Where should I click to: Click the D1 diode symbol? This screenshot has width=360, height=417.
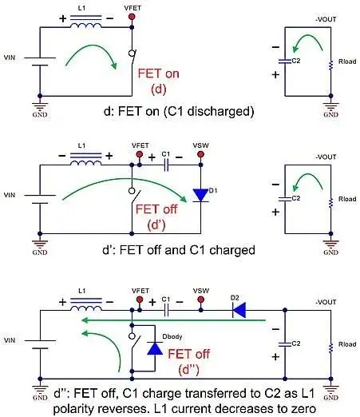pyautogui.click(x=200, y=195)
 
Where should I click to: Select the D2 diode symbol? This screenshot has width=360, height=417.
pyautogui.click(x=239, y=310)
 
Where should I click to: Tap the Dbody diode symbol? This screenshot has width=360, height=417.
pyautogui.click(x=155, y=348)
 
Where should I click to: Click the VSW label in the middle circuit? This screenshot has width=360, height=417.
pyautogui.click(x=201, y=145)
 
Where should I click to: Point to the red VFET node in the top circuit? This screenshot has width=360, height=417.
pyautogui.click(x=132, y=17)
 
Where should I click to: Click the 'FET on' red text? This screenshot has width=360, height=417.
pyautogui.click(x=159, y=73)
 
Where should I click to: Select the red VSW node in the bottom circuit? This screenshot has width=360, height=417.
pyautogui.click(x=201, y=300)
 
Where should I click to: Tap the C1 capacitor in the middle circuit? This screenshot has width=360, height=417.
pyautogui.click(x=166, y=165)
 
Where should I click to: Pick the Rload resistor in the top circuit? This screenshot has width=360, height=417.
pyautogui.click(x=330, y=66)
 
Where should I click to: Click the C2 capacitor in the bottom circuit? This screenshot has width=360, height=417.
pyautogui.click(x=285, y=344)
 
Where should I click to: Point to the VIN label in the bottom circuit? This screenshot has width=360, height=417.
pyautogui.click(x=10, y=340)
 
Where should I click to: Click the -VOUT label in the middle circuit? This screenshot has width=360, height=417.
pyautogui.click(x=326, y=157)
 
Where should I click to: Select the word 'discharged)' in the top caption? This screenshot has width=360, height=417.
pyautogui.click(x=220, y=111)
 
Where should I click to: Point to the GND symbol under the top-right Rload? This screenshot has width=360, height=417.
pyautogui.click(x=330, y=109)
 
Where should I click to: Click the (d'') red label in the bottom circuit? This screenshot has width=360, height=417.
pyautogui.click(x=188, y=370)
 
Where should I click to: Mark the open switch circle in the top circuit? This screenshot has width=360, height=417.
pyautogui.click(x=132, y=53)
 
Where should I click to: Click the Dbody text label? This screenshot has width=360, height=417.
pyautogui.click(x=172, y=336)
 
